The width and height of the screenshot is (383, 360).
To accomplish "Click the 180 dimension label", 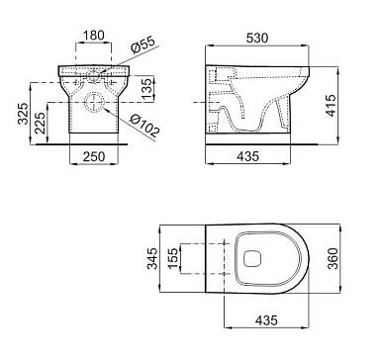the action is (93, 36).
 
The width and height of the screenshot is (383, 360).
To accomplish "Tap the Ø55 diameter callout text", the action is (143, 45).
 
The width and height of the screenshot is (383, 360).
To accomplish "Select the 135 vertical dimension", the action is (147, 87).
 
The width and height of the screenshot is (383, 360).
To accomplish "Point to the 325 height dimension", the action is (23, 114).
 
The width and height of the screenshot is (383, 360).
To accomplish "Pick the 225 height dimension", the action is (40, 123).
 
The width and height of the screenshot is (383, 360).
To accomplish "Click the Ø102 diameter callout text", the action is (144, 127).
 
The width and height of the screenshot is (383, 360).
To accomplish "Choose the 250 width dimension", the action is (94, 156).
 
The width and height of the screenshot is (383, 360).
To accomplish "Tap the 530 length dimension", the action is (257, 39).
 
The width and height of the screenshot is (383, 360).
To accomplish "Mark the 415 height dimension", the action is (331, 105).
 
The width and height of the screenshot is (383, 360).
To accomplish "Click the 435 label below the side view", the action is (247, 156).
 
